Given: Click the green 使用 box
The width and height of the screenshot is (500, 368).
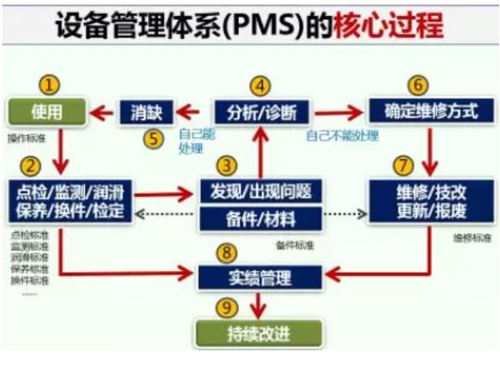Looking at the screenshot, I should click(x=47, y=111).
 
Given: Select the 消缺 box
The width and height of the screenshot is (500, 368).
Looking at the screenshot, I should click(x=146, y=112).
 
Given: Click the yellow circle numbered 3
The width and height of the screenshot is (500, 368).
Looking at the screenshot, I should click(x=226, y=165).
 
